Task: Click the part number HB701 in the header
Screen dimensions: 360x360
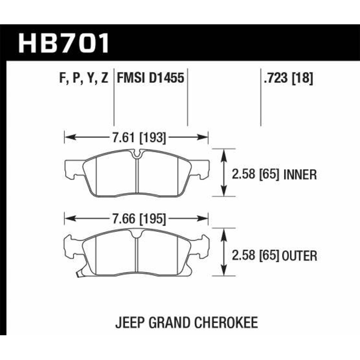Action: pos(63,43)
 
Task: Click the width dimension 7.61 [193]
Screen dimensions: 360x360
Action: pos(137,138)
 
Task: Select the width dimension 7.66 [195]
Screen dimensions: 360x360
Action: pos(137,219)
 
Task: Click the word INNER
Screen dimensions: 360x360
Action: pos(300,174)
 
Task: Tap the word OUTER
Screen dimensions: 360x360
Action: pos(300,256)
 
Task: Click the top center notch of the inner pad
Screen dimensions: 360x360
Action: pos(137,156)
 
